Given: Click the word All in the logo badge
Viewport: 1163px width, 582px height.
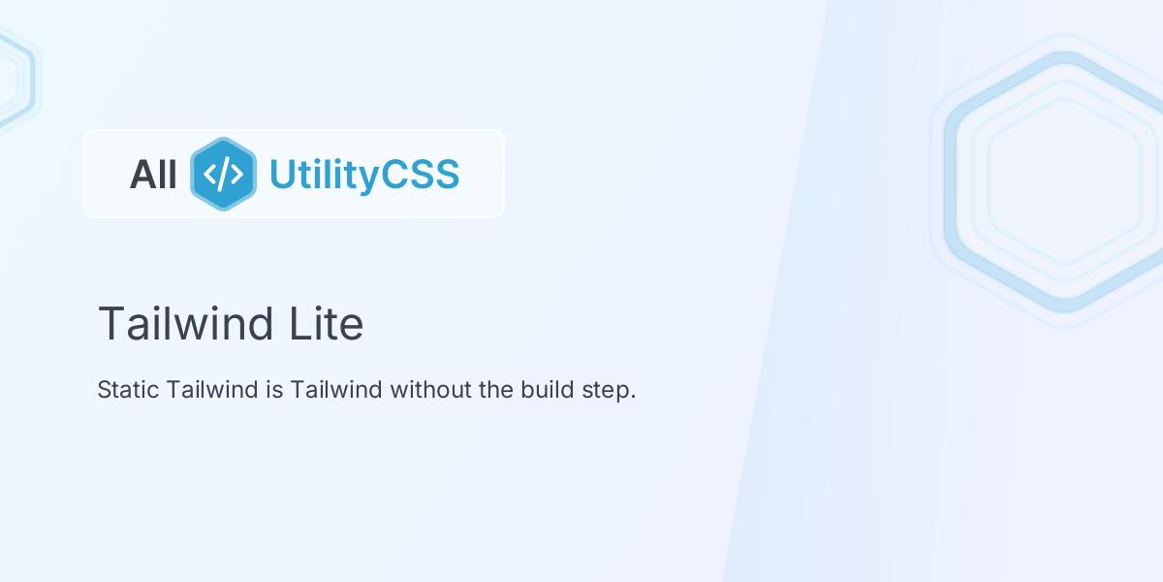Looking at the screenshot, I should tap(153, 175).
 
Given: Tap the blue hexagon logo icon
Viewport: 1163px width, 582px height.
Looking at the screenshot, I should tap(223, 174).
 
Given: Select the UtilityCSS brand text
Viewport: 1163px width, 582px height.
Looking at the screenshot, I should tap(363, 175).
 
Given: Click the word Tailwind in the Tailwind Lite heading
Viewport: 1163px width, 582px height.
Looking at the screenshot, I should tap(185, 323).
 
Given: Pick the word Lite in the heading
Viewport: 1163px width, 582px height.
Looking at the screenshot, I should tap(326, 323).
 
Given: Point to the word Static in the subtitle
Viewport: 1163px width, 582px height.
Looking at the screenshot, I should tap(128, 390).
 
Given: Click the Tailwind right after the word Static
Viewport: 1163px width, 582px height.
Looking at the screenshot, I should tap(211, 390).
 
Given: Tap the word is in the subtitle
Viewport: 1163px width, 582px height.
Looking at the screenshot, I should tap(273, 390).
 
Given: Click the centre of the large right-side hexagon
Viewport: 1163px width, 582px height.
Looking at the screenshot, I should tap(1064, 181).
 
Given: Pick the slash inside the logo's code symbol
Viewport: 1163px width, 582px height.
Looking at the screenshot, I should tap(223, 175).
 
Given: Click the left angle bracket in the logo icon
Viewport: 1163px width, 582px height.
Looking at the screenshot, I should tap(210, 175).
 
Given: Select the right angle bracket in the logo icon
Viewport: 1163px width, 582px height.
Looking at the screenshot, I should tap(236, 175).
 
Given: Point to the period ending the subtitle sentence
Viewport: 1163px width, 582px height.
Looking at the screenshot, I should tap(633, 397).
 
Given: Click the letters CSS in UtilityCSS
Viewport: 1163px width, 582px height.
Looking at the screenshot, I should tap(422, 175).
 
